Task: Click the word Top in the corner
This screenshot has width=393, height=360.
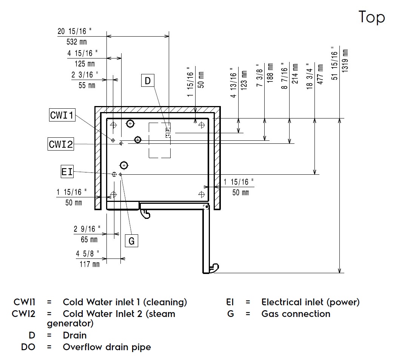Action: [x=371, y=17]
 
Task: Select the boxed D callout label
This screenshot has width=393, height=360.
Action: [x=148, y=81]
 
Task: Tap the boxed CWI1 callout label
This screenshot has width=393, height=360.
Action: [x=62, y=115]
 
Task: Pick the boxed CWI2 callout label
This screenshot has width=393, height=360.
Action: [x=61, y=144]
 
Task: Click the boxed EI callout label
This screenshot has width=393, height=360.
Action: [x=67, y=172]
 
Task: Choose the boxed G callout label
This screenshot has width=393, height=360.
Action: [x=131, y=241]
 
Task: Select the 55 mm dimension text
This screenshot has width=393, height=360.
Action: [x=87, y=85]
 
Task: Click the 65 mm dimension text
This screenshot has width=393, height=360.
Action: [x=89, y=239]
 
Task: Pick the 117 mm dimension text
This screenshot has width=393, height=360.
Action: [x=89, y=264]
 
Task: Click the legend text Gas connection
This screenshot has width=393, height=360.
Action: [x=296, y=314]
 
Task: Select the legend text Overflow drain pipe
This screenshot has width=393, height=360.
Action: [x=107, y=347]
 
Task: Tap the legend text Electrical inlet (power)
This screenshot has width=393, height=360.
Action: [x=310, y=302]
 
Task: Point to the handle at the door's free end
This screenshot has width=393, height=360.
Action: [x=214, y=268]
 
